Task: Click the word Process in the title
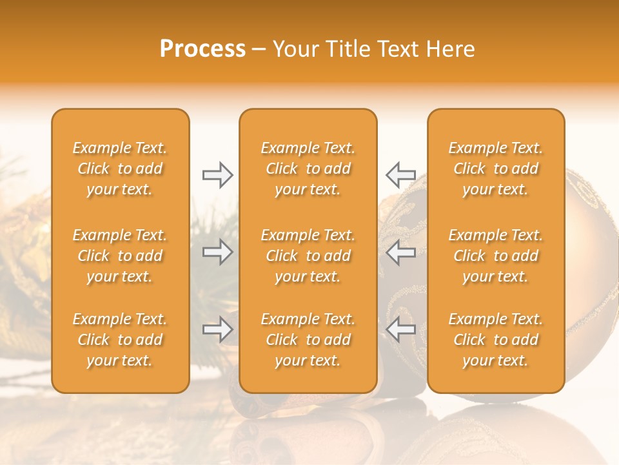tap(202, 49)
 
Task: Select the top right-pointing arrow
tap(217, 174)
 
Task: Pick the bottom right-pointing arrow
tap(217, 329)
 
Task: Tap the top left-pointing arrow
tap(400, 174)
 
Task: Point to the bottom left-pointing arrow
tap(400, 329)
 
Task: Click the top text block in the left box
tap(120, 169)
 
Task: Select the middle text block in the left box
tap(120, 256)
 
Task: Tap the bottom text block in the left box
tap(120, 340)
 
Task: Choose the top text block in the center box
tap(308, 169)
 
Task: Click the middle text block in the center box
tap(308, 256)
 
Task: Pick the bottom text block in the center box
tap(308, 340)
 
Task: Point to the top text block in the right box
tap(495, 169)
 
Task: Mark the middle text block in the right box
tap(495, 256)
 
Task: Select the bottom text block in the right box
tap(495, 340)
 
